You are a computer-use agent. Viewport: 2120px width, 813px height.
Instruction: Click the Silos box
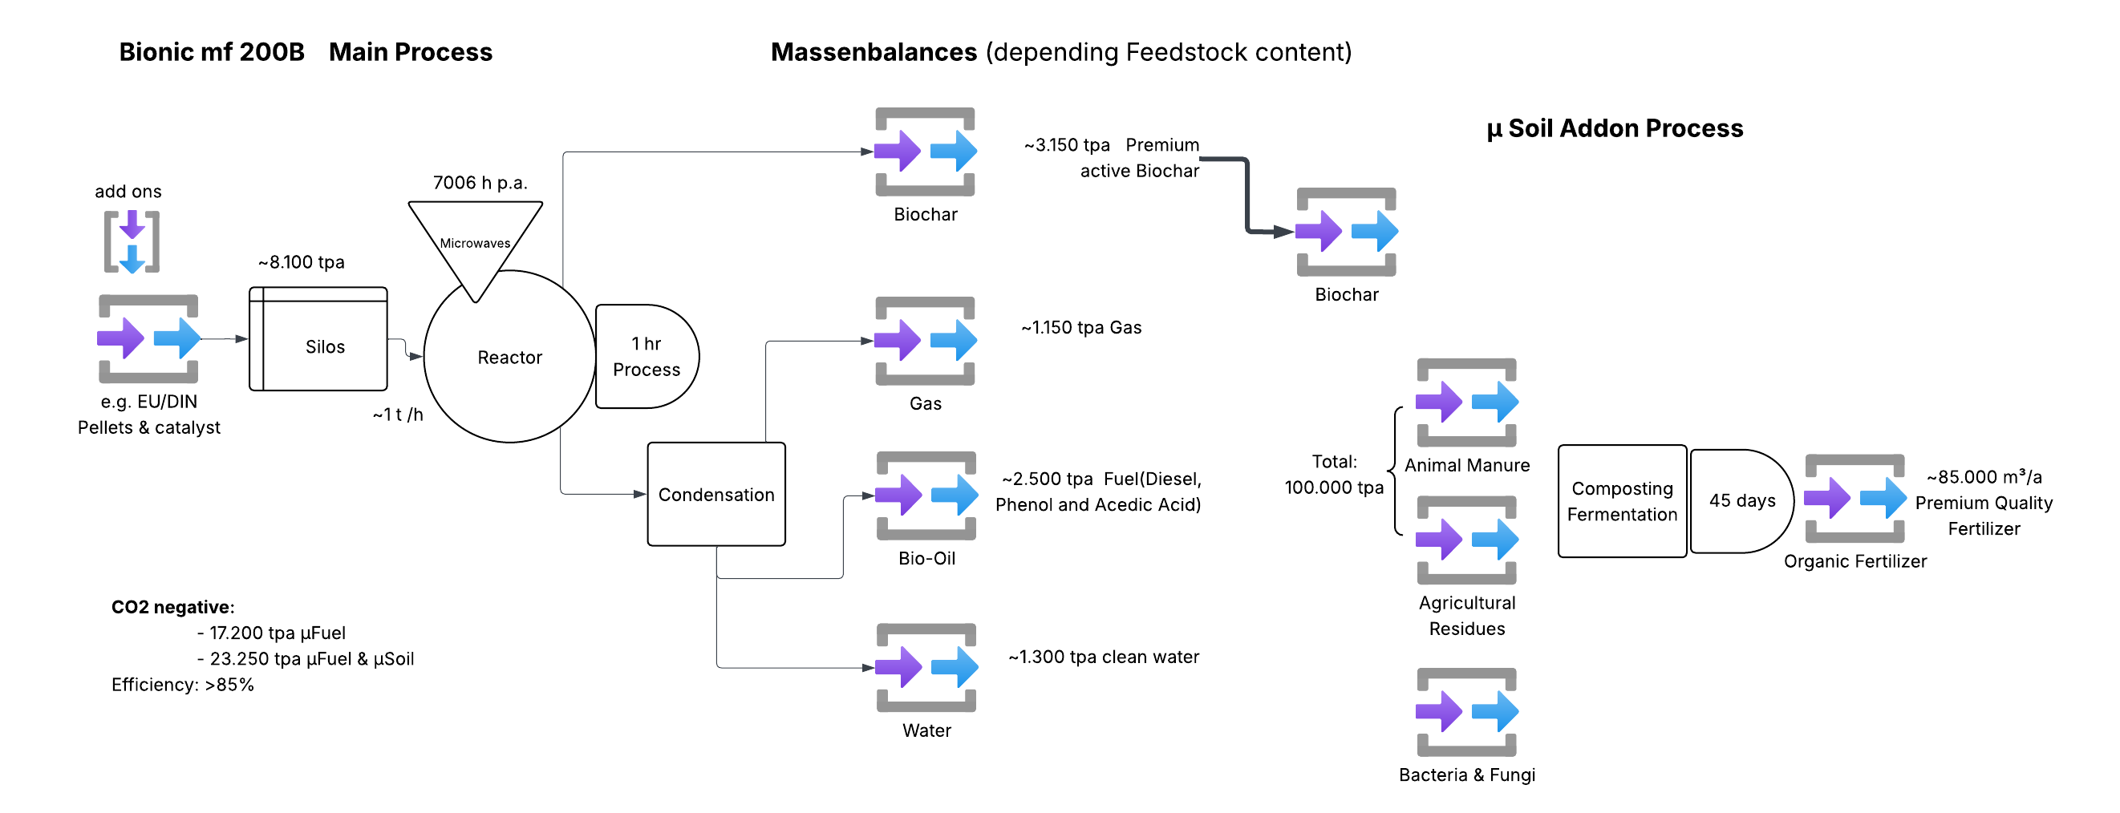(x=318, y=339)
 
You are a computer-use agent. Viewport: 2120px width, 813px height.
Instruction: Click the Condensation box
(x=716, y=495)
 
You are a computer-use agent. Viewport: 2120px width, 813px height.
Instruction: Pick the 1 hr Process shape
(x=646, y=356)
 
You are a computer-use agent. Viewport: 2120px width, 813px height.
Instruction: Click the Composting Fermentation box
(x=1621, y=501)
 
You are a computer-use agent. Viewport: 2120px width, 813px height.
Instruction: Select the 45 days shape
(x=1741, y=501)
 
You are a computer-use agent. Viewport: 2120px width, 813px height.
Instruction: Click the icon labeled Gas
(x=925, y=341)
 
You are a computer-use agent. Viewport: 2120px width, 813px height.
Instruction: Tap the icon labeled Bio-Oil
(x=926, y=495)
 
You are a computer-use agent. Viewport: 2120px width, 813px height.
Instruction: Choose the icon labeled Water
(x=926, y=667)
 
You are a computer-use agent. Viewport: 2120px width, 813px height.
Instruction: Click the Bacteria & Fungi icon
(x=1466, y=712)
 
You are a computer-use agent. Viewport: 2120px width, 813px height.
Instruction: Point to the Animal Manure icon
(x=1466, y=402)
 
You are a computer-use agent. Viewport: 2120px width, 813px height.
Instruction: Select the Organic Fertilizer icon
(x=1854, y=499)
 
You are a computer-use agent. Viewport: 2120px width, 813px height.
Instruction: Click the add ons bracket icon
(x=132, y=241)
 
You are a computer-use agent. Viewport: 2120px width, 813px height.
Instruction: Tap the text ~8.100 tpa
(x=302, y=262)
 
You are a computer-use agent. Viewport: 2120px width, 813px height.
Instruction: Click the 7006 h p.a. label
(x=480, y=183)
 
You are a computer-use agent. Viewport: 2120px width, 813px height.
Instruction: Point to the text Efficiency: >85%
(x=183, y=685)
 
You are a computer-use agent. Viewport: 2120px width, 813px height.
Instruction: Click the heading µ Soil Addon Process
(x=1614, y=128)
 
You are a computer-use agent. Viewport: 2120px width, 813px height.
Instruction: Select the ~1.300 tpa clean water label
(x=1103, y=657)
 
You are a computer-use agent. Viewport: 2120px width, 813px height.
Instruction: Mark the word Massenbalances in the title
(x=874, y=52)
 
